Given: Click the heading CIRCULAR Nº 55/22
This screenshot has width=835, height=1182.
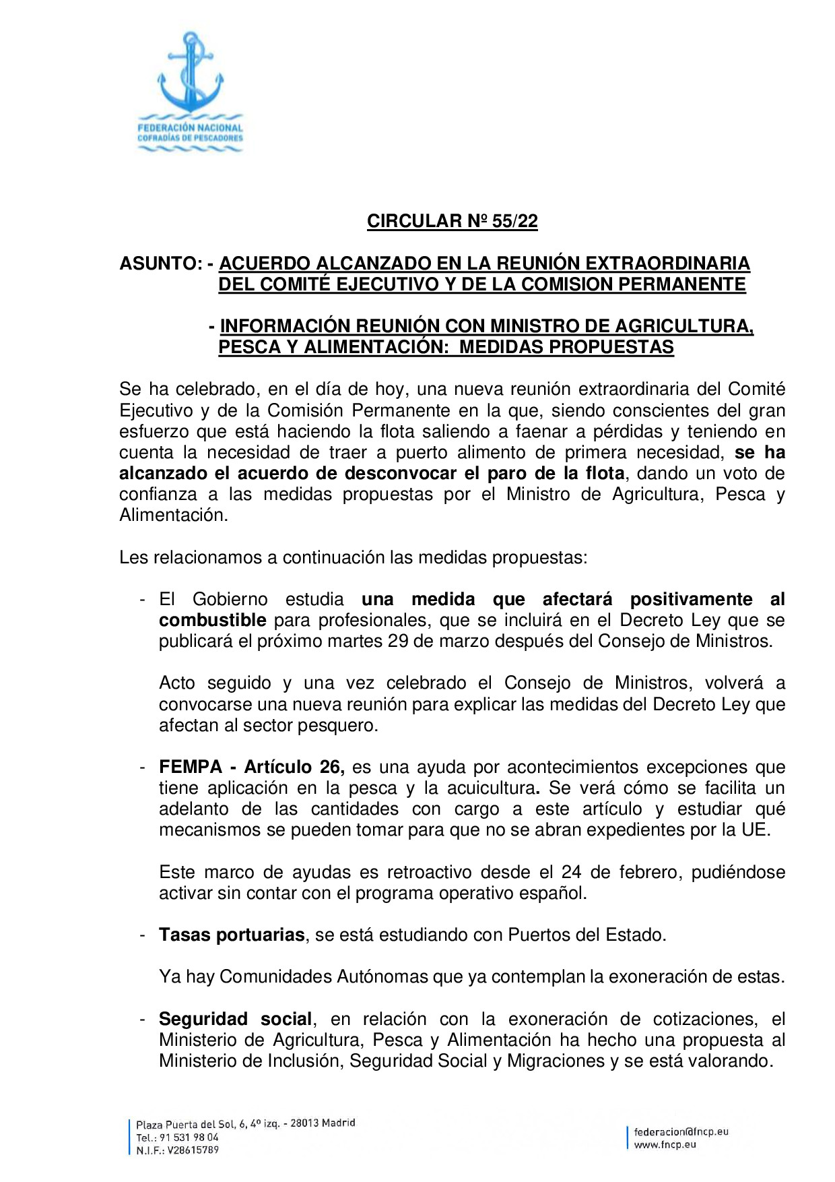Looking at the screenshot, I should tap(452, 221).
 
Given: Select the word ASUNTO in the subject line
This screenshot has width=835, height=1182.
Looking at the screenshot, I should tap(160, 263).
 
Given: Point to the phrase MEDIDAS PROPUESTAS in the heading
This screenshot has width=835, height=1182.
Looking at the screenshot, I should tap(566, 347).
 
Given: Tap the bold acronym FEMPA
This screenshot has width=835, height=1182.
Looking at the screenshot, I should tap(191, 767).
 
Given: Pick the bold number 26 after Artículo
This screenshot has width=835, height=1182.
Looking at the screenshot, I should tap(331, 767).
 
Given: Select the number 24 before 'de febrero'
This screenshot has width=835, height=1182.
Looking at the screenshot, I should tap(571, 872).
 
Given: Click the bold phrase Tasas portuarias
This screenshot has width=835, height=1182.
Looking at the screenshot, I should tap(232, 935).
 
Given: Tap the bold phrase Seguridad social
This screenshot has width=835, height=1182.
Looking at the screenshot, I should tap(235, 1019).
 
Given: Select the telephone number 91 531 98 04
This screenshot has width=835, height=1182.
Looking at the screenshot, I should tap(189, 1137).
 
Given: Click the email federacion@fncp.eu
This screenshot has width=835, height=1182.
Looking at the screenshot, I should tap(681, 1132).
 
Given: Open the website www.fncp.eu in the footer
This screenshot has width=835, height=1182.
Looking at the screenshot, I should tap(665, 1144).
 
